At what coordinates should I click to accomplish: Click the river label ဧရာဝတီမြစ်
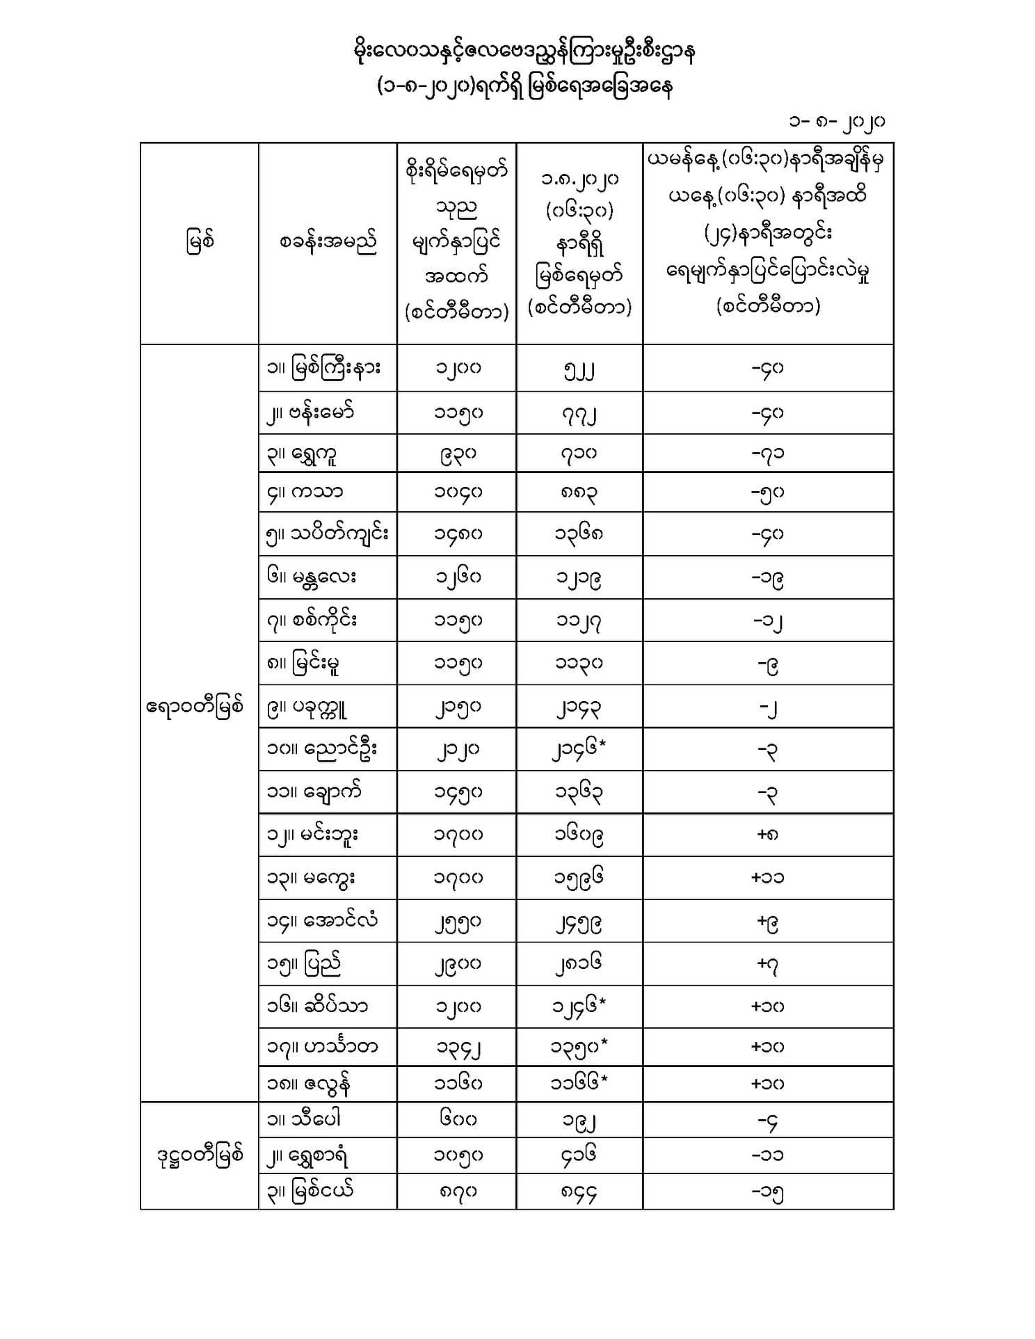[x=195, y=707]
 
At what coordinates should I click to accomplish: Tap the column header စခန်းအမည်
[x=328, y=242]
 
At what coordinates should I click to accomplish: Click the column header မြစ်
[x=200, y=242]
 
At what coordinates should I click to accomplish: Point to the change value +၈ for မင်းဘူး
[x=768, y=834]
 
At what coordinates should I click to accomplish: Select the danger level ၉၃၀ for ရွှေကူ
[x=457, y=454]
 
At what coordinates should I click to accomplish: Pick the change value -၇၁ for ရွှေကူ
[x=768, y=454]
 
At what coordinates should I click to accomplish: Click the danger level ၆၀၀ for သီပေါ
[x=457, y=1119]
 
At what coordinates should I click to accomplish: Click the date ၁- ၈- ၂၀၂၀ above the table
[x=835, y=122]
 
